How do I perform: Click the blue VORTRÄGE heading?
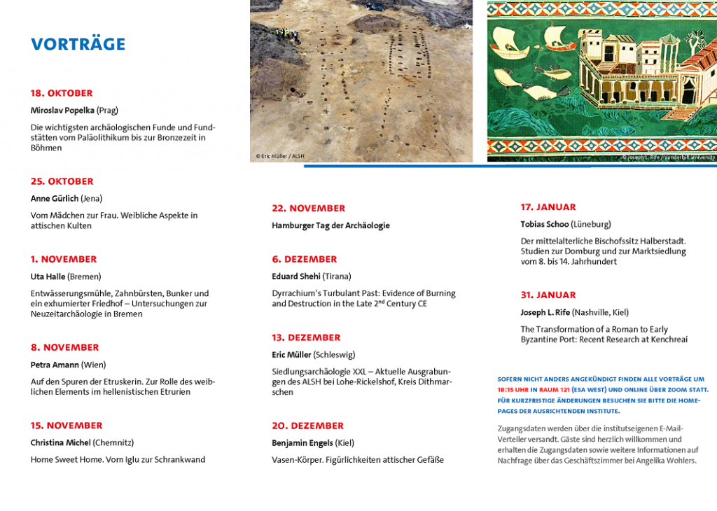(78, 44)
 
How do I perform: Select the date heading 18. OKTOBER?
(62, 93)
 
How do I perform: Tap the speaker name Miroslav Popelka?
(62, 110)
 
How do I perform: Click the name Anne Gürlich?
(55, 198)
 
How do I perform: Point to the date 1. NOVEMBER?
(64, 259)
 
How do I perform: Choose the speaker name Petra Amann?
(55, 365)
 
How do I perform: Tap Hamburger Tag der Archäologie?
(330, 225)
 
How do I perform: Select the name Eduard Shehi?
(296, 276)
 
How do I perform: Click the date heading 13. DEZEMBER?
(306, 337)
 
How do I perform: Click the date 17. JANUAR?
(548, 207)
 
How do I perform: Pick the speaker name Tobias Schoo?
(544, 224)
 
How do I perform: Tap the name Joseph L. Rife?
(545, 312)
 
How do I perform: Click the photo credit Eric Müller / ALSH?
(280, 156)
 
